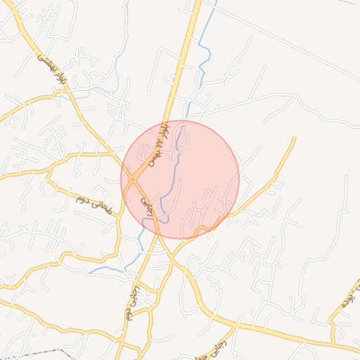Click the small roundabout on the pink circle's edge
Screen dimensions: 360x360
[132, 180]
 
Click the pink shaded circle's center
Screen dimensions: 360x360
[180, 180]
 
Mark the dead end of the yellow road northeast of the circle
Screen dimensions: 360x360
[295, 138]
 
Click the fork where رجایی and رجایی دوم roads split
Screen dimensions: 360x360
[157, 239]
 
